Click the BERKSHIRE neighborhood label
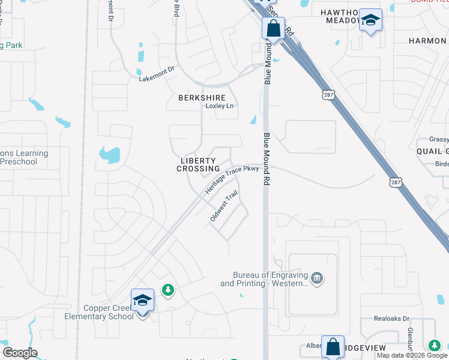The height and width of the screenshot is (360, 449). coord(202,98)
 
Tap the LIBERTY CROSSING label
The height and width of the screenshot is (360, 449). coord(198,165)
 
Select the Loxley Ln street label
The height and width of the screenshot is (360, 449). coord(219,106)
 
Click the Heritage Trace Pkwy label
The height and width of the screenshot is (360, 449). coord(232,179)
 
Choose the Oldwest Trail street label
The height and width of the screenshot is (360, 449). coord(224,206)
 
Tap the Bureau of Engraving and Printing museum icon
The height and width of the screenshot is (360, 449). coord(317,278)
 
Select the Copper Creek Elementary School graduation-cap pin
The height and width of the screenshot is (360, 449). coord(142,300)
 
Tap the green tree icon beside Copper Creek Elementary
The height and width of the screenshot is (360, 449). coord(169,290)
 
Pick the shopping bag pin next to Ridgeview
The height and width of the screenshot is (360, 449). coord(333,347)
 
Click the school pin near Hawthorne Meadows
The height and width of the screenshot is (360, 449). coord(370,20)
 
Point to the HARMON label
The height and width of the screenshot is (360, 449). coord(428,41)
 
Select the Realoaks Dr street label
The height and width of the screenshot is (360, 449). coord(391,319)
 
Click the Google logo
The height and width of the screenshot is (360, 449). coord(19,353)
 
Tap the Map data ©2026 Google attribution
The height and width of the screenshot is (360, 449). coord(412,355)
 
